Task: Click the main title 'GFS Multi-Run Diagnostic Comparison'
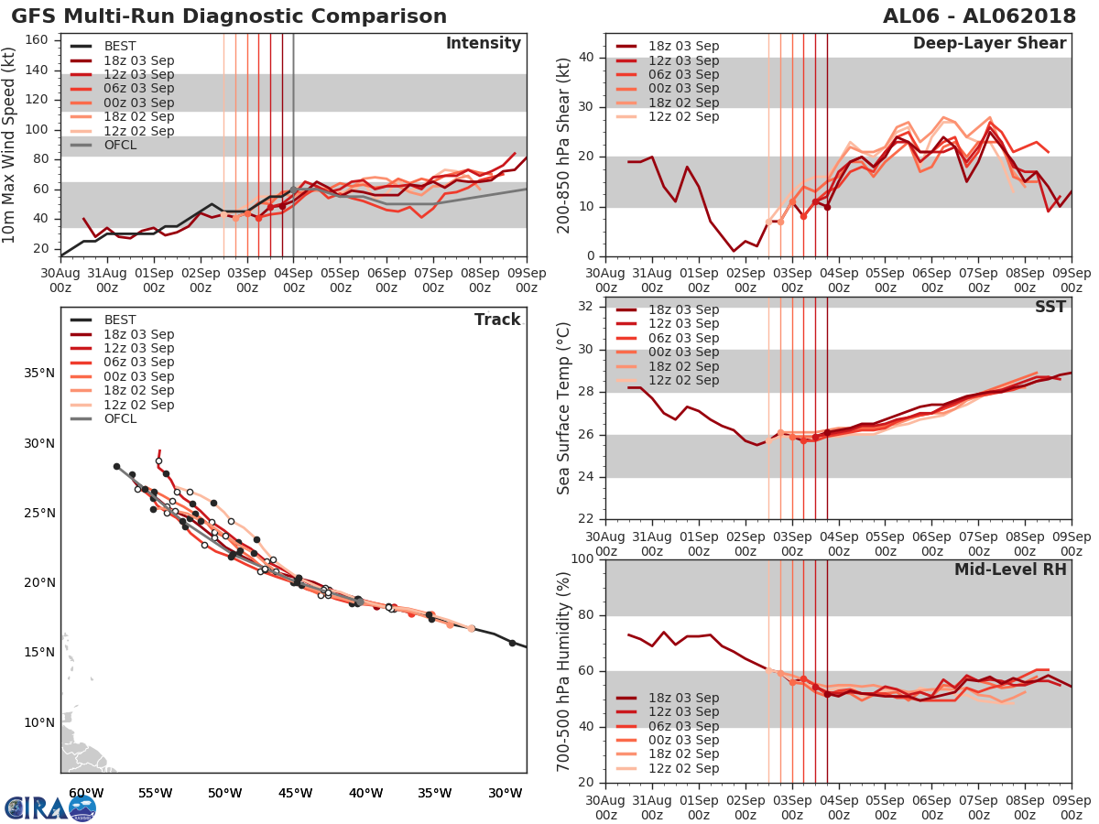coord(229,16)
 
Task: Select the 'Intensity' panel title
coord(483,44)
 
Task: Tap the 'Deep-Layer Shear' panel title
coord(989,44)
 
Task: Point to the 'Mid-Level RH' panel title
coord(1010,569)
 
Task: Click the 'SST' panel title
coord(1050,307)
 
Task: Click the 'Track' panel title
coord(497,320)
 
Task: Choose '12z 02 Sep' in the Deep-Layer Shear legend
coord(682,116)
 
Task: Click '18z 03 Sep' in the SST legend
coord(682,309)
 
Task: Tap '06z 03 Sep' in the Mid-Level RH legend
coord(682,726)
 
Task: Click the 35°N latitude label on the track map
coord(39,373)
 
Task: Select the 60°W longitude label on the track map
coord(85,792)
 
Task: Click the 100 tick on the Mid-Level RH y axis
coord(580,559)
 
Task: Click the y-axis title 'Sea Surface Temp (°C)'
coord(564,408)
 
